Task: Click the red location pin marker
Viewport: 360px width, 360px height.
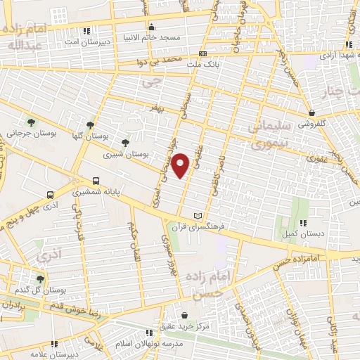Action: point(181,165)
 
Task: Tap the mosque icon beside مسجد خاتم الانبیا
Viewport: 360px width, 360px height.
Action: point(152,28)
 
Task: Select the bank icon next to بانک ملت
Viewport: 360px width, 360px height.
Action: point(202,55)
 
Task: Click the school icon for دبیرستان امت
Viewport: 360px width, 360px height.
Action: point(86,32)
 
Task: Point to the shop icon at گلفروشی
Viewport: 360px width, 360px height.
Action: point(310,112)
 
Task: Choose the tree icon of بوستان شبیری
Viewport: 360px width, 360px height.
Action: point(126,143)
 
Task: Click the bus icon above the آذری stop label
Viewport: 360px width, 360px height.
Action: point(50,194)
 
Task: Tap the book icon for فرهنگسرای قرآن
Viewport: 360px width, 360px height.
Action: point(198,215)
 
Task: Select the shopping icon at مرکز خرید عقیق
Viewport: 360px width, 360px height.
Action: point(184,315)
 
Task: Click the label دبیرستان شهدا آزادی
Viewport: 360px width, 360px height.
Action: point(333,53)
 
